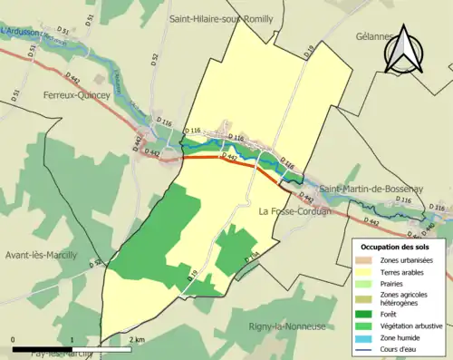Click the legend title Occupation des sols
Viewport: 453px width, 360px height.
coord(396,246)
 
